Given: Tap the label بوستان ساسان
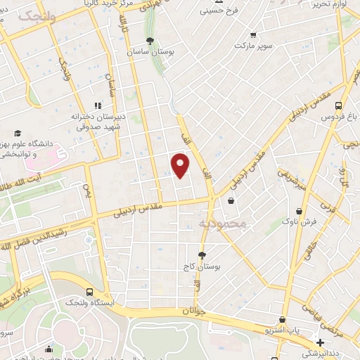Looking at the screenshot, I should [150, 52].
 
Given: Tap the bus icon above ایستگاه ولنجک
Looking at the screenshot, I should [89, 290].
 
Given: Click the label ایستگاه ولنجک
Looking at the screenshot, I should [89, 302].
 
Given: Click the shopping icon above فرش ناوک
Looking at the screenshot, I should [300, 210].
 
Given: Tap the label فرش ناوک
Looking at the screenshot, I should [300, 221].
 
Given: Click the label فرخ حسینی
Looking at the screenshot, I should [220, 11].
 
